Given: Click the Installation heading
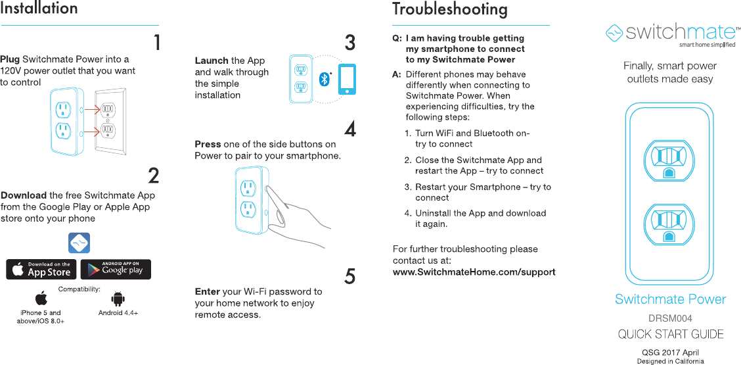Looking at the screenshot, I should (39, 9).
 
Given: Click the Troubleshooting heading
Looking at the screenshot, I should (449, 9).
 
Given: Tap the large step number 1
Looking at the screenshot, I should (156, 43).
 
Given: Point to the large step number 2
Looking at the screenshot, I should (153, 176).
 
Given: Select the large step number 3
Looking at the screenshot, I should (350, 43).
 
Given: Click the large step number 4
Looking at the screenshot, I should (350, 128).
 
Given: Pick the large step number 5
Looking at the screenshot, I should (350, 277).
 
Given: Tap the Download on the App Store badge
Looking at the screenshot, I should (41, 270).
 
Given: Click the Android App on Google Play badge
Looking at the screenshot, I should (116, 270).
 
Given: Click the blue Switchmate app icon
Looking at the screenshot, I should (79, 243).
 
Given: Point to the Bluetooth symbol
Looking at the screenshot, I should (323, 79).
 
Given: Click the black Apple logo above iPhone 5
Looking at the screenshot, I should (41, 299).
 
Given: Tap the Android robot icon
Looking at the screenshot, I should (118, 299).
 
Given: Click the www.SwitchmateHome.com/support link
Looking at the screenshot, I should (474, 272).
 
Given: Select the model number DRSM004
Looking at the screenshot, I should (670, 318).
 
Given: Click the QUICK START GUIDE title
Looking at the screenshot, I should (671, 334).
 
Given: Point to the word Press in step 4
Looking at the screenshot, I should (208, 144).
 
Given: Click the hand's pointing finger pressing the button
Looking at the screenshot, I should (269, 191).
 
